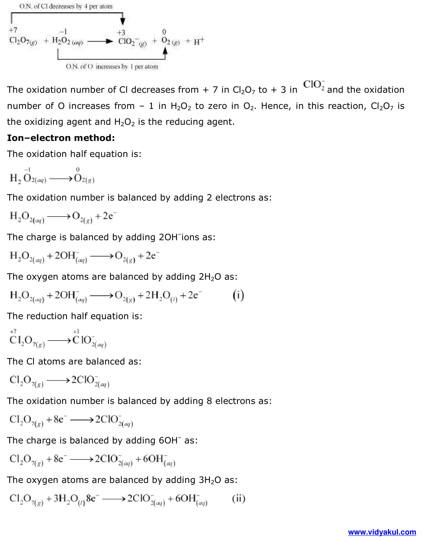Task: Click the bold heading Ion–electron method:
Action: point(61,138)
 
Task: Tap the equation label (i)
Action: point(238,295)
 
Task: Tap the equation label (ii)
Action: point(238,498)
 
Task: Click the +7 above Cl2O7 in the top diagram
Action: point(13,30)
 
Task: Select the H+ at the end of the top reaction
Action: point(198,42)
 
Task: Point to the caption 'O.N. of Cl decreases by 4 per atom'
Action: point(66,6)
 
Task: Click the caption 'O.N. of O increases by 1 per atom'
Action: point(112,67)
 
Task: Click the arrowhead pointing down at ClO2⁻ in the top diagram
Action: point(123,22)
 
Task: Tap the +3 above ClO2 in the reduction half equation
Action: point(76,331)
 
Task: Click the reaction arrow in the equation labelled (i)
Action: point(101,296)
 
